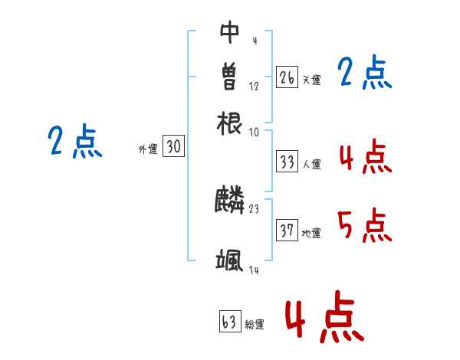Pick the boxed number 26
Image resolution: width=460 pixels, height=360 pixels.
(x=287, y=77)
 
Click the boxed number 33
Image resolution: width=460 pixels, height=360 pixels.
(x=287, y=162)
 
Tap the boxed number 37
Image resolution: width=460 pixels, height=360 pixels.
(x=287, y=231)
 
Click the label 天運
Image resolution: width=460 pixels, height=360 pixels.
(x=310, y=80)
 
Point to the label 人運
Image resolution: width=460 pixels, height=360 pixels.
(x=311, y=164)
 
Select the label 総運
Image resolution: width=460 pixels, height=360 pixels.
(x=255, y=325)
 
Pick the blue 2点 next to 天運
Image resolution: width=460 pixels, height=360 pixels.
(x=365, y=73)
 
